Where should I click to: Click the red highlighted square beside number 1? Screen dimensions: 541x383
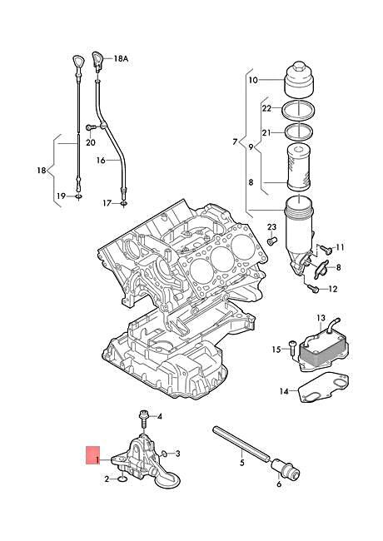pyautogui.click(x=91, y=456)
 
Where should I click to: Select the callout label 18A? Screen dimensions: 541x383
pyautogui.click(x=121, y=59)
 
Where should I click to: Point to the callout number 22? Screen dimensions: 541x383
pyautogui.click(x=266, y=108)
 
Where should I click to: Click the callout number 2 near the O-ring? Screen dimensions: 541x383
pyautogui.click(x=107, y=479)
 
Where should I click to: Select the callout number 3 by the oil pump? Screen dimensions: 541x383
pyautogui.click(x=177, y=454)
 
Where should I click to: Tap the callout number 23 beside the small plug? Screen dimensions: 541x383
pyautogui.click(x=271, y=227)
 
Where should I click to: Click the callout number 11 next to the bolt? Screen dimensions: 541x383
pyautogui.click(x=339, y=248)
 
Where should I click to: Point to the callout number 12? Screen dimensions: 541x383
pyautogui.click(x=333, y=289)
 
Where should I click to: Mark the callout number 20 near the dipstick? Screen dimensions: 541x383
pyautogui.click(x=90, y=141)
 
